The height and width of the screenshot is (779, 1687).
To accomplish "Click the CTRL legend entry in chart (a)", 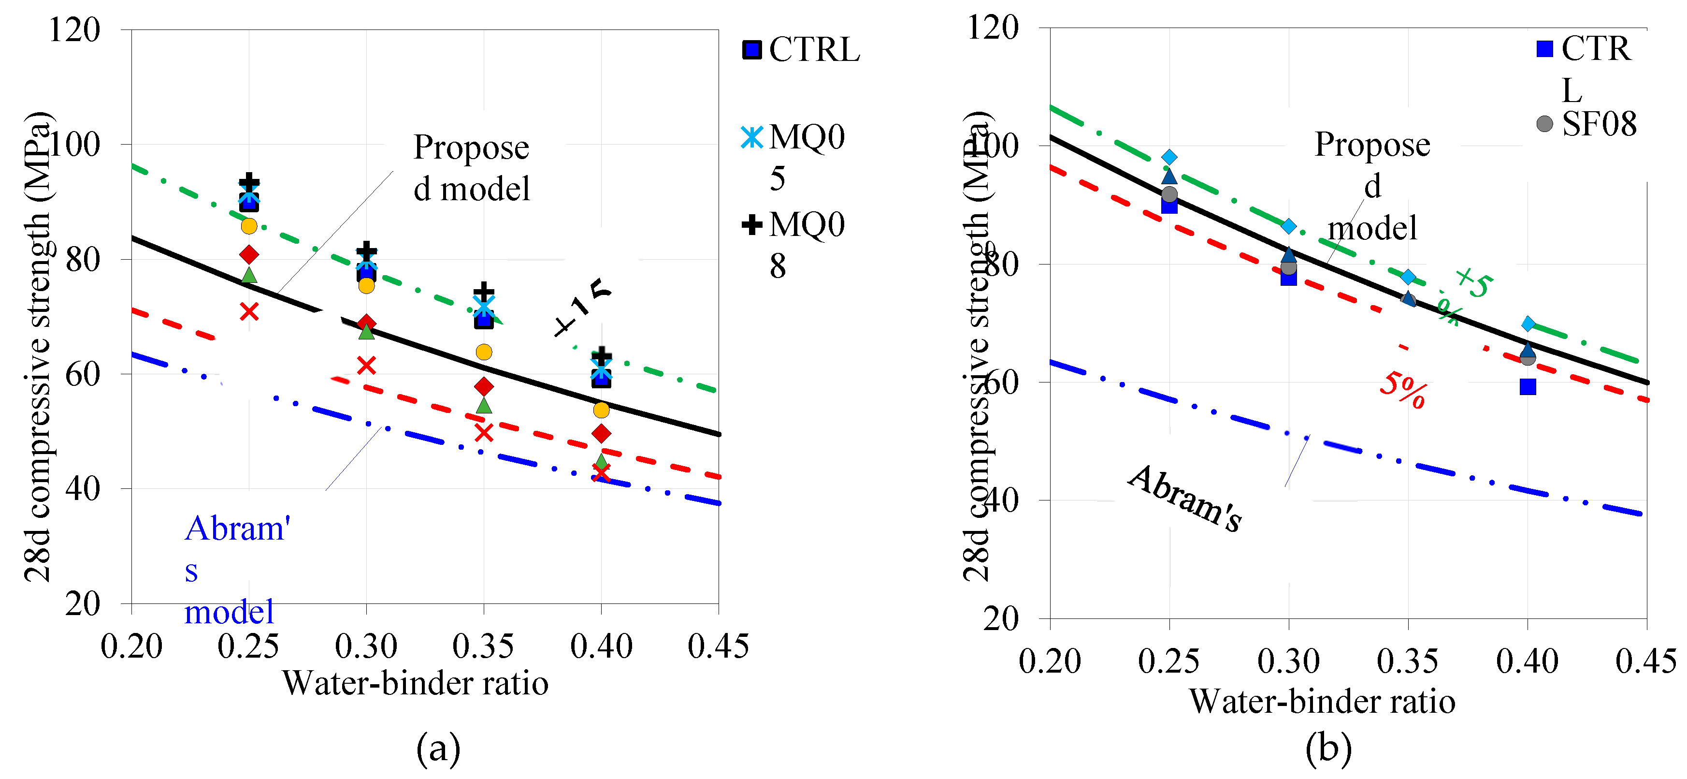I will (801, 50).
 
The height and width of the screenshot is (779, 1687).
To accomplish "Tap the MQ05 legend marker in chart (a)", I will (752, 138).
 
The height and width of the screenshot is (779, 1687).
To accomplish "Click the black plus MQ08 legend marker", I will (752, 225).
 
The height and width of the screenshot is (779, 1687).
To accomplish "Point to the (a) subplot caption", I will (438, 748).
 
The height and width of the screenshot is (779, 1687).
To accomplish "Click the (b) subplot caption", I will (1328, 748).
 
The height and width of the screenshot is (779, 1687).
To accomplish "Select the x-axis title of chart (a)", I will (415, 683).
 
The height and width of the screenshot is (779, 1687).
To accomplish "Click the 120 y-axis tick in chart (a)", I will (74, 30).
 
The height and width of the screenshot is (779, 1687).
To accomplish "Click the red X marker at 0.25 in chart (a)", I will (249, 311).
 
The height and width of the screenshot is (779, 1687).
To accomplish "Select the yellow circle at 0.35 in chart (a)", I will (484, 353).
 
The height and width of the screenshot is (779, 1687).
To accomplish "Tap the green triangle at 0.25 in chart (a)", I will (249, 276).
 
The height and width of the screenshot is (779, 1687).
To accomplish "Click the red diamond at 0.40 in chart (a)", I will (601, 433).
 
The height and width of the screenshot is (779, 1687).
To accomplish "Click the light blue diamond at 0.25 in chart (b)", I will (1169, 157).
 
